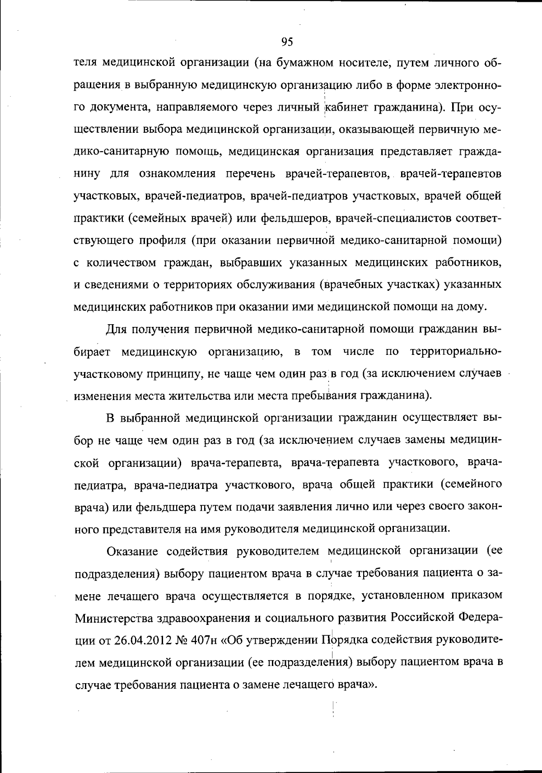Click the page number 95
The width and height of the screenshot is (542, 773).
[287, 42]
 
